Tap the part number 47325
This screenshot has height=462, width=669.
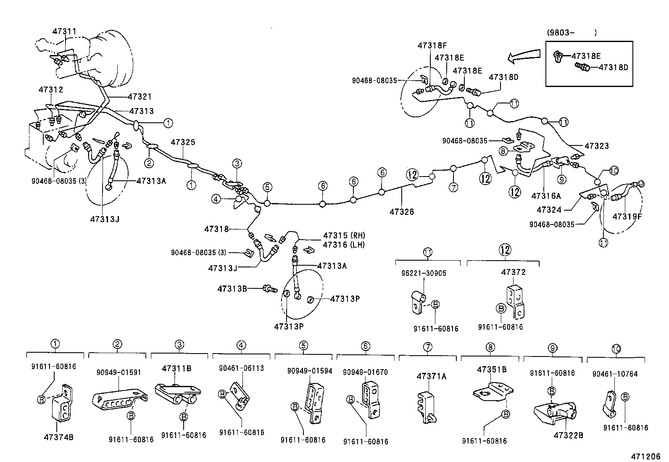click(183, 143)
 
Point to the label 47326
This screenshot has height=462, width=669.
click(401, 211)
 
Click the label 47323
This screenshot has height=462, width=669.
click(596, 146)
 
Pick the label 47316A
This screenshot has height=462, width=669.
click(546, 196)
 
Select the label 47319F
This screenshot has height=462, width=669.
click(627, 216)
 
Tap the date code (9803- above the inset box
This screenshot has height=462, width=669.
click(561, 32)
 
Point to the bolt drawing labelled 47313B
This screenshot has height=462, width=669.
click(269, 289)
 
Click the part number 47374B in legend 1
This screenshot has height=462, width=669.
click(58, 437)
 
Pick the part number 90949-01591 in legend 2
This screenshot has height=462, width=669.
click(118, 372)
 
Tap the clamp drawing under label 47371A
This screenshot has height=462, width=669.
click(427, 406)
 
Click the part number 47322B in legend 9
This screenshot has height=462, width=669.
click(568, 435)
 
